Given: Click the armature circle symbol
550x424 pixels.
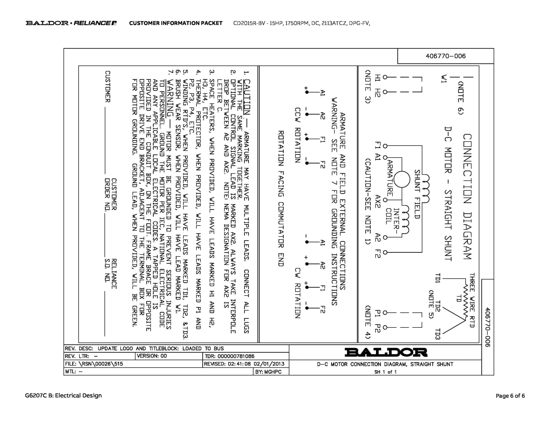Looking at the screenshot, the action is pos(402,179).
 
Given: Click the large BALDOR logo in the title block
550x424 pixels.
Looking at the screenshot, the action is pos(386,352).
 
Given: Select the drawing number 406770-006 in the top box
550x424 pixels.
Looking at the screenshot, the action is pos(446,56).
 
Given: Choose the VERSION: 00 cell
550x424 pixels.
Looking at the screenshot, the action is pos(152,356).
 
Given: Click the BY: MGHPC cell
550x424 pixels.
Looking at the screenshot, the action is pos(268,372).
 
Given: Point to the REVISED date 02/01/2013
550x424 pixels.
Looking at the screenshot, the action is pos(269,364).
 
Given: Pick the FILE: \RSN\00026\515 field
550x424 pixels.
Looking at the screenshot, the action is pos(94,364).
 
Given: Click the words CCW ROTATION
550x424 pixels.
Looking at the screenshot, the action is pos(298,135).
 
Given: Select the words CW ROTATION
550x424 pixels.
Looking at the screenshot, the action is pos(298,293).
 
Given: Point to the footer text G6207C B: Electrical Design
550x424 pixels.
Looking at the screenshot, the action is pos(63,396).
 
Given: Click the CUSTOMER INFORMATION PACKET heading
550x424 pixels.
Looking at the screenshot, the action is pos(176,23).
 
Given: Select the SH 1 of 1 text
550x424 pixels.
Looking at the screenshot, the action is pos(385,372).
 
